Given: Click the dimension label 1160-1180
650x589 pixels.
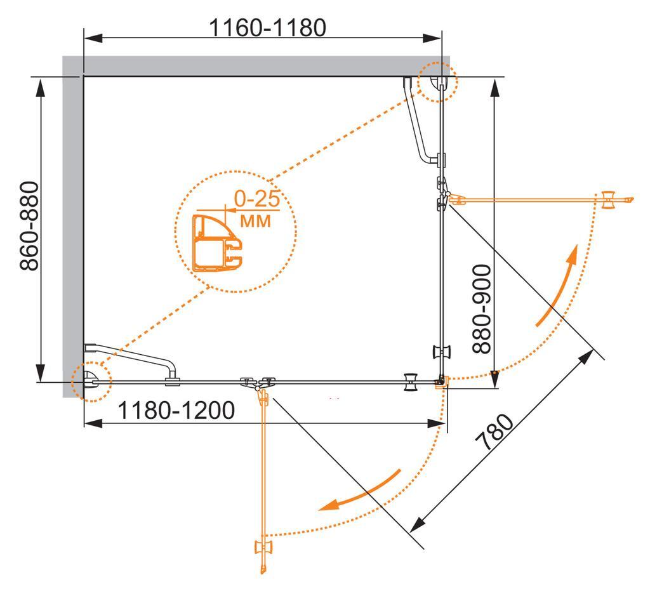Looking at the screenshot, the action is (x=267, y=28).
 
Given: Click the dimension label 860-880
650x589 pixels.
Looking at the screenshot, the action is (x=30, y=226).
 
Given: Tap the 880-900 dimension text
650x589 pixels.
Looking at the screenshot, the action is (x=482, y=309).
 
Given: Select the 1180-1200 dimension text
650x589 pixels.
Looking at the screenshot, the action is (x=176, y=411).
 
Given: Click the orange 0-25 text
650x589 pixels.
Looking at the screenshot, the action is (x=257, y=199).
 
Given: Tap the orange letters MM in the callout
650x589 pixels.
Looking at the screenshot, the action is (x=255, y=222).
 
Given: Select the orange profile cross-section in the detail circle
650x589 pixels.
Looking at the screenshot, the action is (x=217, y=243).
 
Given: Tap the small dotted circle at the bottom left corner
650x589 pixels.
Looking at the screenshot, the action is (x=91, y=381).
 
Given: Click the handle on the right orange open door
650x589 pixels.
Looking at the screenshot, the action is (x=609, y=200).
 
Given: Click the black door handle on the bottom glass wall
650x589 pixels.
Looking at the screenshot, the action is (x=411, y=381).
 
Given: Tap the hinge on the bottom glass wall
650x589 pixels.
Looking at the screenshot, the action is (x=258, y=383).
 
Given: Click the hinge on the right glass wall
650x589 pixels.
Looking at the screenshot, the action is (x=442, y=194).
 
